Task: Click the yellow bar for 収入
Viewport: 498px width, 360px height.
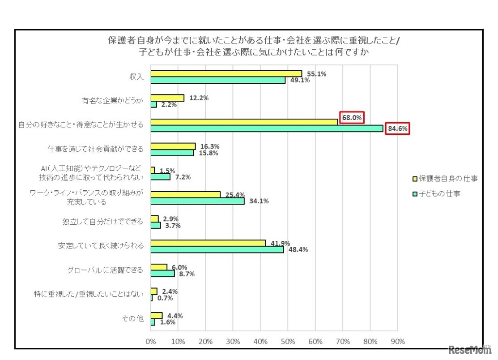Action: [226, 74]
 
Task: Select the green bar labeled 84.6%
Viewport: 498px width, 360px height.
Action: [267, 129]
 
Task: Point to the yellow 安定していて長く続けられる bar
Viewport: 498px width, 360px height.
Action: [208, 243]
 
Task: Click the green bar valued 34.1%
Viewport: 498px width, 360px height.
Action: [197, 201]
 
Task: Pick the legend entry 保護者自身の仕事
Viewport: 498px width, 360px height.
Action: [445, 179]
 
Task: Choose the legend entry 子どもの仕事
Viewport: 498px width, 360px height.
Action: [441, 194]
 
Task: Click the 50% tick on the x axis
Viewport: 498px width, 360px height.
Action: [288, 341]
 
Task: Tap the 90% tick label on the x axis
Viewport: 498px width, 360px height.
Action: [398, 341]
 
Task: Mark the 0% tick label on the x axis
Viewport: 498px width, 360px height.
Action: [151, 341]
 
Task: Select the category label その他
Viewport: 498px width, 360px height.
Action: [133, 319]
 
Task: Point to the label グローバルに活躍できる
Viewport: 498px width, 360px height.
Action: [106, 270]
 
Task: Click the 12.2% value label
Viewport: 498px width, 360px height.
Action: [197, 98]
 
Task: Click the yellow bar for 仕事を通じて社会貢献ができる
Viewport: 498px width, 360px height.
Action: [173, 146]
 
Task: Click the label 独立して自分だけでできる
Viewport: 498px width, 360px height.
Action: [103, 222]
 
